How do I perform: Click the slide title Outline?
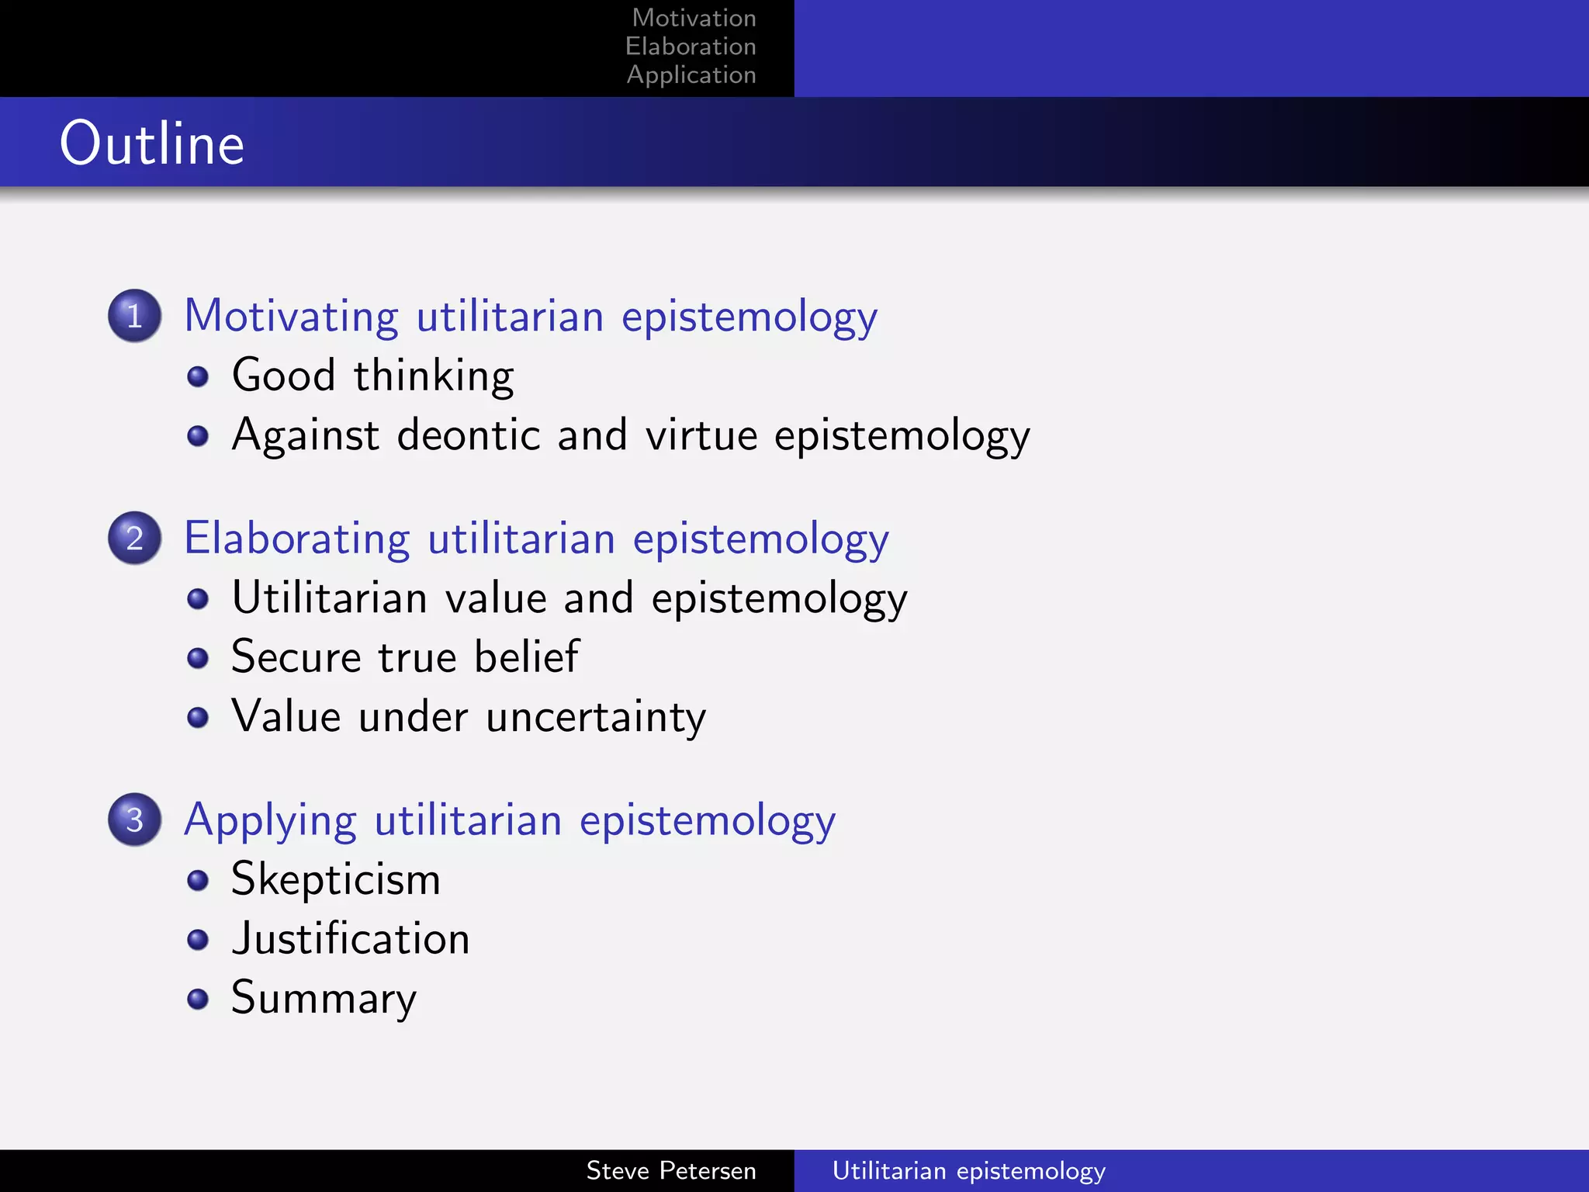coord(152,144)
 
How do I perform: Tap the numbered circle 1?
coord(134,316)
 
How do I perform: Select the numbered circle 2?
coord(134,538)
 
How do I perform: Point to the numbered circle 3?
coord(134,819)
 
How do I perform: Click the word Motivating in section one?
coord(292,317)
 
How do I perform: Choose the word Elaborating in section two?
coord(297,539)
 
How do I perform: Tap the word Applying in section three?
coord(271,821)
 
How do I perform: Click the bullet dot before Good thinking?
coord(198,377)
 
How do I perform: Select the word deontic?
coord(468,435)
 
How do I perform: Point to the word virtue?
coord(701,435)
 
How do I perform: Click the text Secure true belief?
coord(405,657)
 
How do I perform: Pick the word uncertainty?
coord(596,717)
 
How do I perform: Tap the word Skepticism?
coord(336,880)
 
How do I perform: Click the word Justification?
coord(351,939)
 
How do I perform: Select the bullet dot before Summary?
coord(198,999)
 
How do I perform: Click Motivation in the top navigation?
coord(694,18)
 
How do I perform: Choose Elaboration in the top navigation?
coord(691,47)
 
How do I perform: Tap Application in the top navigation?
coord(691,75)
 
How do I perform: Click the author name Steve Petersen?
coord(671,1170)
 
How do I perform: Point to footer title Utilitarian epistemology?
coord(968,1170)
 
